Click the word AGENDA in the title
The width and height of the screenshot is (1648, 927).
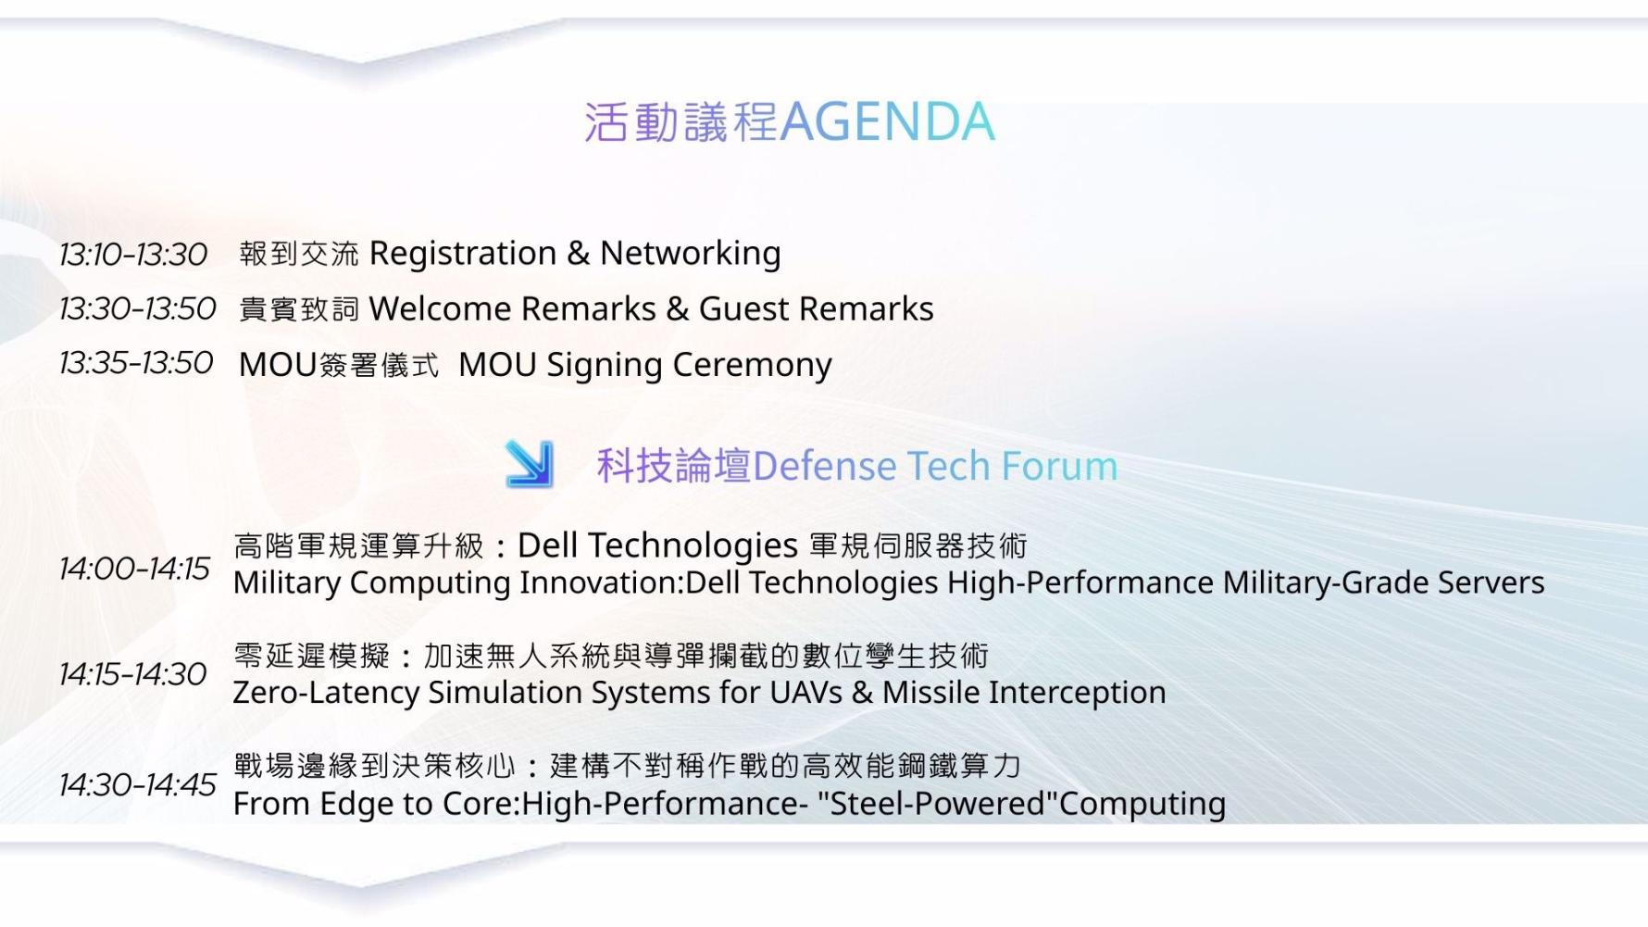[x=888, y=121]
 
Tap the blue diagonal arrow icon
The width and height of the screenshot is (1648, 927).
[x=530, y=464]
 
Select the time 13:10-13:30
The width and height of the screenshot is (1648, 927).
[x=133, y=254]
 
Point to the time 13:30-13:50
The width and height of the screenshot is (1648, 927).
[x=137, y=308]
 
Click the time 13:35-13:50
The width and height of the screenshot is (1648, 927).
[x=136, y=363]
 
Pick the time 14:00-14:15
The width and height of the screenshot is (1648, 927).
[x=135, y=568]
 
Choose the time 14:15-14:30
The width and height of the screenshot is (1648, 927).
[x=133, y=674]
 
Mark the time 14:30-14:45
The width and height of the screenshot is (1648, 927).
[x=137, y=785]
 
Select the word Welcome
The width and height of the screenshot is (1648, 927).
[x=437, y=308]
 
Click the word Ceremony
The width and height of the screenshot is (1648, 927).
[x=753, y=366]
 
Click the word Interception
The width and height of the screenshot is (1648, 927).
[x=1078, y=694]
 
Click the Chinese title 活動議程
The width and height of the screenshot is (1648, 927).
[x=680, y=122]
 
